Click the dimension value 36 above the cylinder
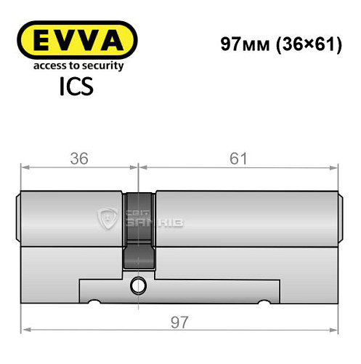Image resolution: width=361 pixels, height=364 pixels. pos(78,157)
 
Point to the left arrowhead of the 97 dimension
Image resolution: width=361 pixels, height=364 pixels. pos(24,330)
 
